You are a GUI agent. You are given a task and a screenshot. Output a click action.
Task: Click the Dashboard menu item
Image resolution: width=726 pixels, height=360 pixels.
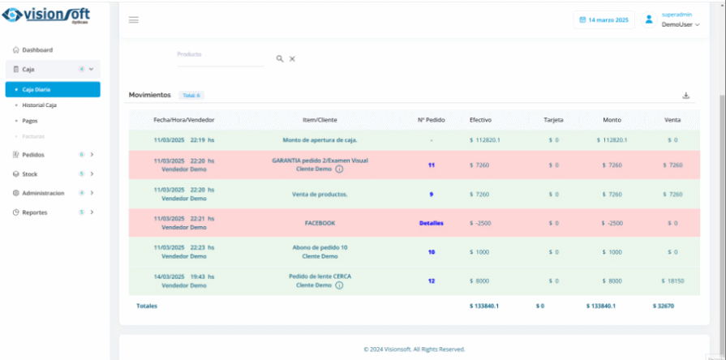click(x=37, y=50)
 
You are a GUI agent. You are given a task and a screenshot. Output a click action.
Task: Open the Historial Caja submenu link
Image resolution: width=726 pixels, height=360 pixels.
click(x=39, y=105)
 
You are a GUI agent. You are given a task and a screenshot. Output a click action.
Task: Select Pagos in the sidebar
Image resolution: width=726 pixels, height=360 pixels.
click(x=30, y=120)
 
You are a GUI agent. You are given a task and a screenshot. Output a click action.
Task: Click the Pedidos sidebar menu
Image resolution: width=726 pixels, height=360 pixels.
click(x=33, y=154)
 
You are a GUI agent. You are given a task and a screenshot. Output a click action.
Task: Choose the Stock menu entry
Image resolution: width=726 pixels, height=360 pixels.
click(x=30, y=174)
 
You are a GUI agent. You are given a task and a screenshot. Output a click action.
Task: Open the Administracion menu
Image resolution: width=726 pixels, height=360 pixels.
click(x=43, y=193)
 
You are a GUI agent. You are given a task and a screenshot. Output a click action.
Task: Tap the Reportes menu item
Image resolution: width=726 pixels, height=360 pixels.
click(x=34, y=212)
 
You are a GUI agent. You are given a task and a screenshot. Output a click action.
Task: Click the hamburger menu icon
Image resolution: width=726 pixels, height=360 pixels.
click(x=134, y=19)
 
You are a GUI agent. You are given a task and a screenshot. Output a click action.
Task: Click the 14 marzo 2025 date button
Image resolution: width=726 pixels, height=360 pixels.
click(x=604, y=19)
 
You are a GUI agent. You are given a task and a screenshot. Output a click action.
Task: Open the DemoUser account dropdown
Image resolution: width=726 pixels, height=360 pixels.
click(x=680, y=24)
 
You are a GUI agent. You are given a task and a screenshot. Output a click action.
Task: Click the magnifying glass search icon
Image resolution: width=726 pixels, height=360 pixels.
click(x=280, y=59)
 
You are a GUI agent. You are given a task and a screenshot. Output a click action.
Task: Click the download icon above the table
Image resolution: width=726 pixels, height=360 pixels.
click(x=685, y=96)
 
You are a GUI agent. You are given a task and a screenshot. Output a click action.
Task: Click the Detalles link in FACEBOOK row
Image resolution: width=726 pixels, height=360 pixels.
click(x=431, y=223)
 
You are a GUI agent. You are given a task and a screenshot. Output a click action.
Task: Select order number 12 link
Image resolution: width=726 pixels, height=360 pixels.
click(x=431, y=281)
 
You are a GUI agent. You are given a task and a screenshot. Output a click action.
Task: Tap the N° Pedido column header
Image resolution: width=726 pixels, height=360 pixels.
click(x=432, y=120)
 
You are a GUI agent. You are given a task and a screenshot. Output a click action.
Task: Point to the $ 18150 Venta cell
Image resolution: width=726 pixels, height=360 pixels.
click(x=672, y=281)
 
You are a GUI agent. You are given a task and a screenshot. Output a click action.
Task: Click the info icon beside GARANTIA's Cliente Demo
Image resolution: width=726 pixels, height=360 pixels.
click(x=339, y=169)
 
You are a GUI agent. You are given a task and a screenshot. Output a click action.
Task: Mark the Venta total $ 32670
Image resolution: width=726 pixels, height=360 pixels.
click(x=663, y=306)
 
